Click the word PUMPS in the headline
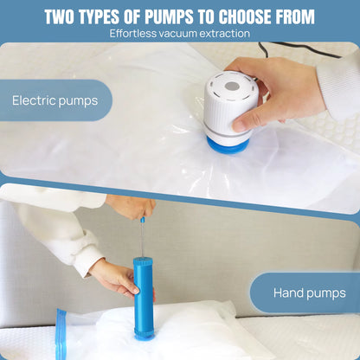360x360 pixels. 169,16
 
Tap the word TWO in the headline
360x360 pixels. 59,16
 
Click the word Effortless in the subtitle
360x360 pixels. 132,34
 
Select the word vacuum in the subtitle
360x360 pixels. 177,34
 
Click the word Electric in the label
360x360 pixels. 34,100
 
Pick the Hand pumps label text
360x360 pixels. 310,293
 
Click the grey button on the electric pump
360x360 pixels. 231,86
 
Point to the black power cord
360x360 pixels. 300,48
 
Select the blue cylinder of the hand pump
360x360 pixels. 143,297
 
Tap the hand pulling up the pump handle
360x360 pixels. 132,207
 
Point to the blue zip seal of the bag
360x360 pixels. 61,334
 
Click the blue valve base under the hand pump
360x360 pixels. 144,337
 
